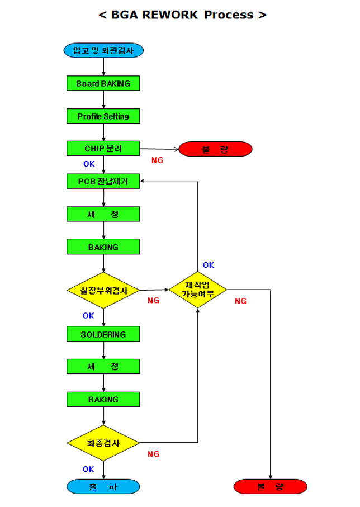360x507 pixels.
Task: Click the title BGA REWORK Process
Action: tap(182, 15)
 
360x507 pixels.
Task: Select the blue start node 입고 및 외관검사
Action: tap(104, 50)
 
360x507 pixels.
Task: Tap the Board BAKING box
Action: tap(103, 83)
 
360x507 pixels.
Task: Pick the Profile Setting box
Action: tap(103, 116)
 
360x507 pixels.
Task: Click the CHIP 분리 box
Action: tap(103, 149)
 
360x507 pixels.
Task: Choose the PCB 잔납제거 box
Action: tap(103, 181)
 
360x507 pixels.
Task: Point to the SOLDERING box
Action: tap(103, 334)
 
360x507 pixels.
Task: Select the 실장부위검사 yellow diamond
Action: tap(103, 291)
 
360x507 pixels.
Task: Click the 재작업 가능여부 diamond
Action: tap(198, 290)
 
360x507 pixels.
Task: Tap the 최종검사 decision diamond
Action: tap(103, 443)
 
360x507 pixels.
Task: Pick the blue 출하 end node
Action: tap(103, 487)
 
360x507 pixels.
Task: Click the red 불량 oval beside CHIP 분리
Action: tap(215, 149)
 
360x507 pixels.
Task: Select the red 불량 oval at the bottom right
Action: tap(271, 487)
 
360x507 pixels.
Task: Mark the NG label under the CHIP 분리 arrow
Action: tap(158, 160)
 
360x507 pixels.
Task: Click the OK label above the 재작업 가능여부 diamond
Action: tap(209, 265)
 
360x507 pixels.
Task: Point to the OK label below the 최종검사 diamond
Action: tap(88, 469)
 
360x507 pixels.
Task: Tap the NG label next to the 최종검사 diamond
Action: tap(154, 454)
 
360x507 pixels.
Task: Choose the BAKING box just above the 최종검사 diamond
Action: tap(103, 400)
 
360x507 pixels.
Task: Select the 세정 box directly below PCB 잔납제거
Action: tap(103, 214)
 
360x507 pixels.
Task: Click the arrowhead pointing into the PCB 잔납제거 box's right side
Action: tap(143, 181)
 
